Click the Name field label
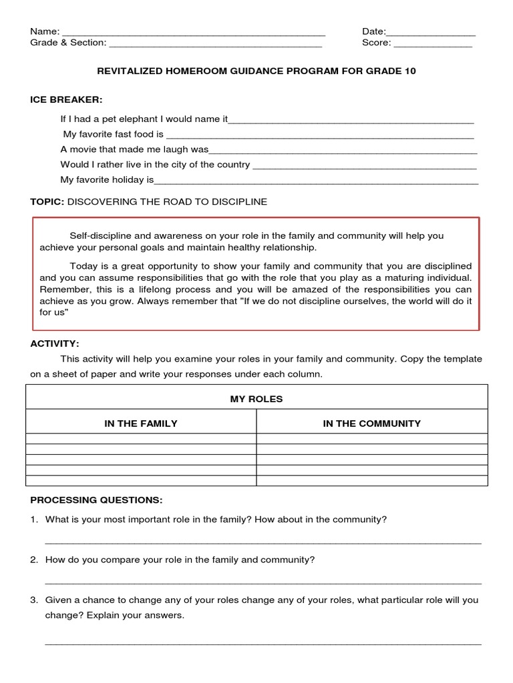click(x=45, y=31)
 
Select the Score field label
click(x=376, y=43)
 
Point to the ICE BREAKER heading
click(x=66, y=99)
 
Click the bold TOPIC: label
click(x=47, y=201)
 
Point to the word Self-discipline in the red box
click(x=100, y=235)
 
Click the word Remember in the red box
click(x=63, y=289)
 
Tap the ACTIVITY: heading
click(x=55, y=344)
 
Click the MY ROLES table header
click(x=256, y=399)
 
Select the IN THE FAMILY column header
click(x=141, y=423)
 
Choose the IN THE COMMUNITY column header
click(x=372, y=423)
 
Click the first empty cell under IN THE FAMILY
click(x=141, y=438)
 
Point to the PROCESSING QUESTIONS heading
click(x=96, y=500)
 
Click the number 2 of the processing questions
click(x=33, y=560)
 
